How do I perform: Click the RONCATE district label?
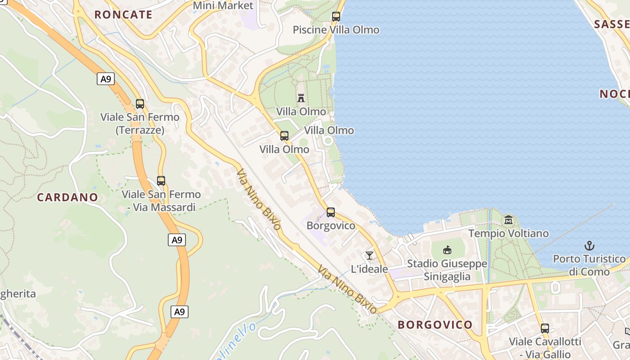click(123, 14)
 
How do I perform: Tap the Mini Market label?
click(223, 5)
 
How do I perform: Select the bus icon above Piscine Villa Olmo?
click(336, 17)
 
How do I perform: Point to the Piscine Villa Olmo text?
click(336, 30)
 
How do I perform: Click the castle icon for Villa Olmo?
click(301, 98)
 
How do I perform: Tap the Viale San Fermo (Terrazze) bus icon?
click(140, 104)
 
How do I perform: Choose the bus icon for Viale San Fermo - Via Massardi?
click(161, 181)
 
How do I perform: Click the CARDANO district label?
click(67, 197)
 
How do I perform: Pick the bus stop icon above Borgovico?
click(331, 212)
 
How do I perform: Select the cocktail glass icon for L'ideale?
click(369, 256)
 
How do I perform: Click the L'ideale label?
click(369, 269)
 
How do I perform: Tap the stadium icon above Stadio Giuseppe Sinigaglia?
click(447, 250)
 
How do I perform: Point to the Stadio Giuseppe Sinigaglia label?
click(447, 270)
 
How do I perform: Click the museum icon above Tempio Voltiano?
click(508, 220)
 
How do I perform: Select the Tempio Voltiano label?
click(508, 234)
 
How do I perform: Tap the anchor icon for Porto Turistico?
click(589, 246)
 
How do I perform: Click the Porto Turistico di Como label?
click(589, 265)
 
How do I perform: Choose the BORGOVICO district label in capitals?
click(435, 324)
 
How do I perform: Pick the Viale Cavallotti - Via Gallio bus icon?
click(545, 328)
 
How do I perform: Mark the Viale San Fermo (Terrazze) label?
click(140, 124)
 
